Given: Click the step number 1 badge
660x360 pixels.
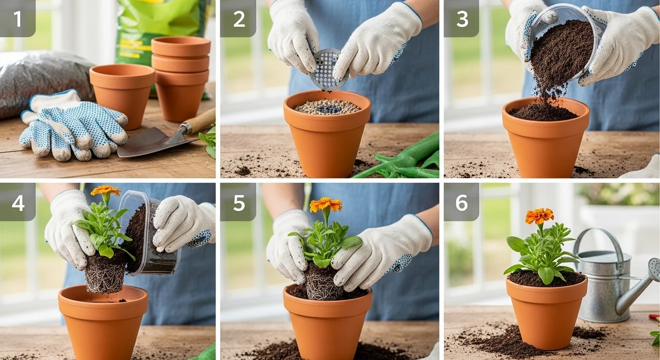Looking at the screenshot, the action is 18,18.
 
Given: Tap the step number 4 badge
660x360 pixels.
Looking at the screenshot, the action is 18,202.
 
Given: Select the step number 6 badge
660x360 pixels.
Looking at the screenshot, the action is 461,202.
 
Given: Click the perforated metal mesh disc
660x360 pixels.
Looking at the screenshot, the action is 327,69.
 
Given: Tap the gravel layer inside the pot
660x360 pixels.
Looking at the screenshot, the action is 327,107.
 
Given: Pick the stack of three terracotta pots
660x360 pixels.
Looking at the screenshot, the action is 180,79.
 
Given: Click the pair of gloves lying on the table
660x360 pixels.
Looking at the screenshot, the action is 74,127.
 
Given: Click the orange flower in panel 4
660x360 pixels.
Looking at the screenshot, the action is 106,190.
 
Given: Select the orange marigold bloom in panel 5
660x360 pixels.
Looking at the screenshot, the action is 325,204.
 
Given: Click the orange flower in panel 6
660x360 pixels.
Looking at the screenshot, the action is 539,216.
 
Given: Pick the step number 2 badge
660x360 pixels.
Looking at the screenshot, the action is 238,18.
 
